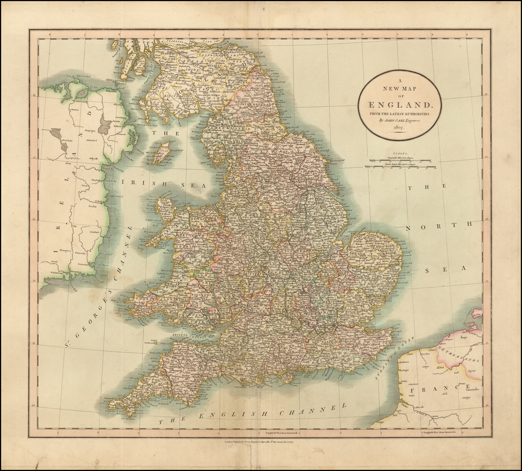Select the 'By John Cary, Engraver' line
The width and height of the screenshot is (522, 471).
(x=399, y=121)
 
